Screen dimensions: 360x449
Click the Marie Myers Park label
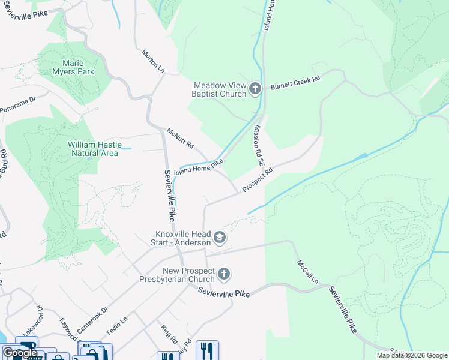[78, 67]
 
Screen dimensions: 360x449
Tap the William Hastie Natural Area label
[94, 149]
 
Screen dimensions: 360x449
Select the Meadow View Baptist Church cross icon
[255, 89]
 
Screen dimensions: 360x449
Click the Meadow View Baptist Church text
[219, 89]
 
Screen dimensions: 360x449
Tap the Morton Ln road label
[153, 62]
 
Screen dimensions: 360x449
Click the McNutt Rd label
[181, 138]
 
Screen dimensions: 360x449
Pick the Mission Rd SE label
[258, 145]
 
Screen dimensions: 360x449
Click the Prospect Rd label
[258, 179]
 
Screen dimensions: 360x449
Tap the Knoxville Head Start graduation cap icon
[220, 238]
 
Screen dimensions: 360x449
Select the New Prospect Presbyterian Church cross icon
[223, 275]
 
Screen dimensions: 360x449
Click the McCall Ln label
[307, 272]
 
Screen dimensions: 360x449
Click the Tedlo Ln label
[117, 324]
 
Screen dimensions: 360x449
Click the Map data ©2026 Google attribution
[411, 355]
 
